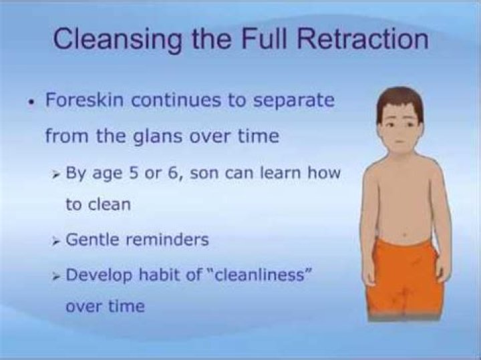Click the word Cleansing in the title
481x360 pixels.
tap(118, 39)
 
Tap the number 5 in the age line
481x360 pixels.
tap(133, 173)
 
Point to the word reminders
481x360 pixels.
tap(168, 240)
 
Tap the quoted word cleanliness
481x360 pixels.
tap(260, 275)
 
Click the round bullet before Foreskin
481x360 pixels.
tap(30, 102)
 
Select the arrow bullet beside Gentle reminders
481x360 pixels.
tap(55, 242)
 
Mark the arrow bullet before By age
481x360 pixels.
tap(55, 176)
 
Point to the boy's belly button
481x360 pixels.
tap(405, 235)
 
